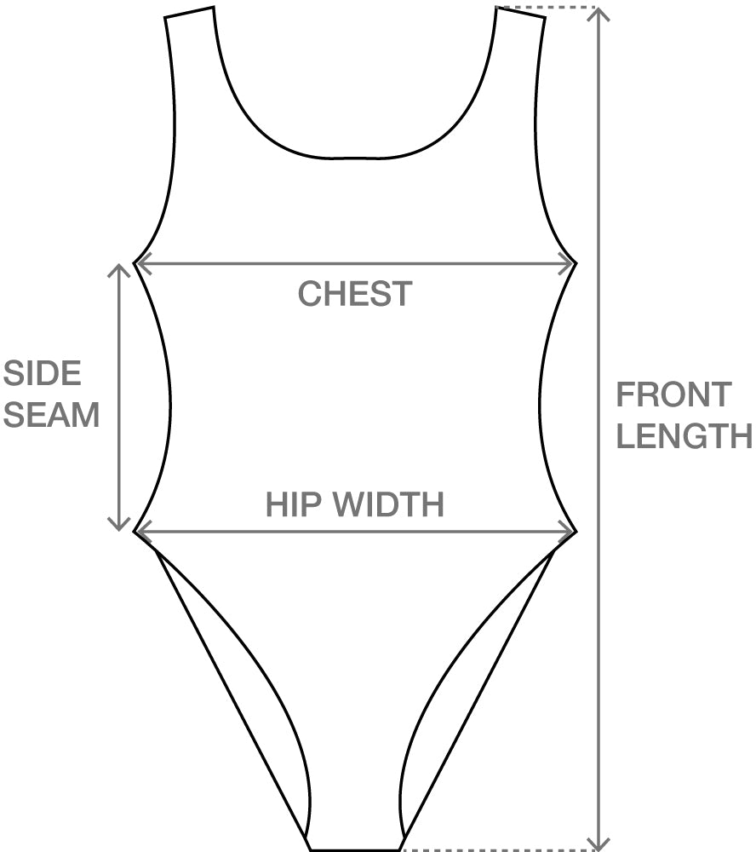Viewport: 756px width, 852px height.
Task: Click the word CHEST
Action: pos(354,294)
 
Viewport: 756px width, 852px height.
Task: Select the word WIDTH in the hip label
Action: pos(388,504)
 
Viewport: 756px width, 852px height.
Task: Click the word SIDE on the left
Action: pos(42,373)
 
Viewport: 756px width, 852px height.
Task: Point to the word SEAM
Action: pos(51,415)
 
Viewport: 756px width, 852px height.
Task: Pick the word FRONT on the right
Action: pos(673,394)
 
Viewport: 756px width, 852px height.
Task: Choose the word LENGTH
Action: pos(684,435)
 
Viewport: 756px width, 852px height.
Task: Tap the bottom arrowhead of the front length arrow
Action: pos(600,843)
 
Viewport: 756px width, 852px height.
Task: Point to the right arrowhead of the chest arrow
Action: pos(569,264)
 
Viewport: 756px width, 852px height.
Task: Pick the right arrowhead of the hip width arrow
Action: pos(569,532)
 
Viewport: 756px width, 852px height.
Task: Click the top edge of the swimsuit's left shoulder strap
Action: pos(189,13)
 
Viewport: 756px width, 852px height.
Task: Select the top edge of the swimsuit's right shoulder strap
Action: pos(519,13)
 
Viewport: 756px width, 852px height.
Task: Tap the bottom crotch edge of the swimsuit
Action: pos(355,849)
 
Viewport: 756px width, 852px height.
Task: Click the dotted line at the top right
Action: pos(549,8)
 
